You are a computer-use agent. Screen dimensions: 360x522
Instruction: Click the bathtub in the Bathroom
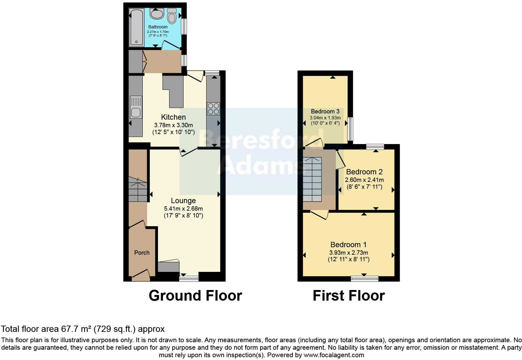tap(136, 27)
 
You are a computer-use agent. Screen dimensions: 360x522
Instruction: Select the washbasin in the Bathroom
tap(157, 13)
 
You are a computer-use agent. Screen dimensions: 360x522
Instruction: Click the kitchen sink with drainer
tap(136, 107)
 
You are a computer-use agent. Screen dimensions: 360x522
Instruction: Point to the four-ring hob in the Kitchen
tap(213, 108)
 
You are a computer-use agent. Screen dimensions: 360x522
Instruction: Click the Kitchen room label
tap(173, 117)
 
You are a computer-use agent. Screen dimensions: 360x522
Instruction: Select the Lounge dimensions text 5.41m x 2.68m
tap(183, 208)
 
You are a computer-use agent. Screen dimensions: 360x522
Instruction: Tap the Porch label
tap(142, 252)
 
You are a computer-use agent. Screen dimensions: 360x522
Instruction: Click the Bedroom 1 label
tap(348, 245)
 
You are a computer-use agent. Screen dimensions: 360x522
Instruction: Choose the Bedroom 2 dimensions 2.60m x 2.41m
tap(364, 180)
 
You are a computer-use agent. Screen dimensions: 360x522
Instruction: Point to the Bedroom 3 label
tap(325, 112)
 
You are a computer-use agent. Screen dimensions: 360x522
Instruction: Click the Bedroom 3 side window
tap(350, 129)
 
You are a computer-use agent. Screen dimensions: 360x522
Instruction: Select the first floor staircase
tap(312, 179)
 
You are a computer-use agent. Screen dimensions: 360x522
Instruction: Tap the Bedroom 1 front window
tap(365, 278)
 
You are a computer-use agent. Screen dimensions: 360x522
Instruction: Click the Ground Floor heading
tap(195, 295)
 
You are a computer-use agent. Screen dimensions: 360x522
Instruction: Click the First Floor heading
tap(348, 295)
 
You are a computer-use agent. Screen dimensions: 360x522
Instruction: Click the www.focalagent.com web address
tap(333, 355)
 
